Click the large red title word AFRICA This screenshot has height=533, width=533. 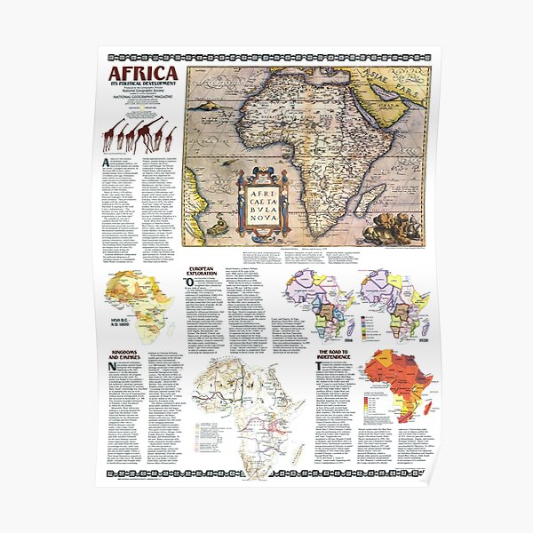(143, 73)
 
